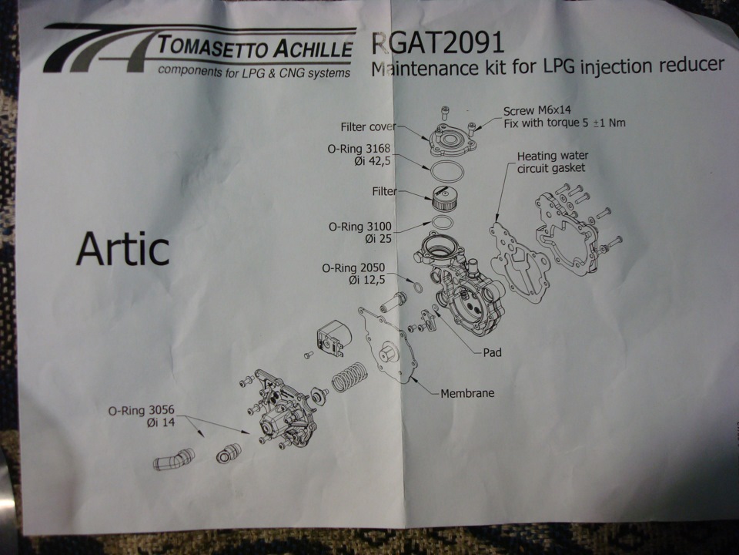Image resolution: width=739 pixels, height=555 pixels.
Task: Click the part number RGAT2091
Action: (438, 43)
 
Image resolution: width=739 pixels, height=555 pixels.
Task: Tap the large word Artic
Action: (122, 249)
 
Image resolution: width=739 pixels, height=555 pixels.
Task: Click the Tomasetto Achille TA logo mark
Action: (99, 49)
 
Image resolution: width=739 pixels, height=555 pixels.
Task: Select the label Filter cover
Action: (368, 127)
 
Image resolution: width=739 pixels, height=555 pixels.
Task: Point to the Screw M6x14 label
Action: (537, 111)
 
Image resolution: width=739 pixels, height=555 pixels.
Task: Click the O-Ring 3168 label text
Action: (359, 149)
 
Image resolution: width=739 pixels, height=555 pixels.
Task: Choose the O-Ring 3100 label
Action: (359, 227)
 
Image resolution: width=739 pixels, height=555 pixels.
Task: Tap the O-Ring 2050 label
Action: (353, 268)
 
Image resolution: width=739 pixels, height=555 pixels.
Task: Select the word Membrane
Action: (467, 393)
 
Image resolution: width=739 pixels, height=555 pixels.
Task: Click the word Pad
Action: (492, 352)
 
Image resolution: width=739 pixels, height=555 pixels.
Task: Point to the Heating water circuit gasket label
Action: (552, 162)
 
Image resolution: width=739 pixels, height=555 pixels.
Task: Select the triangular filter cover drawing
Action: (453, 140)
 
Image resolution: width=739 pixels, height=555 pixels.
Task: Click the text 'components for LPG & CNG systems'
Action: (254, 72)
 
